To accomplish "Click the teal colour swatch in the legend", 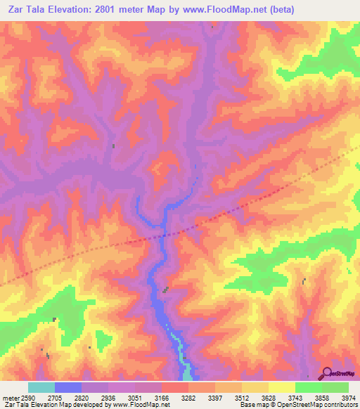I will pos(41,387).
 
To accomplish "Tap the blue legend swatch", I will pos(68,387).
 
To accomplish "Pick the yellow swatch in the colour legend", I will pos(281,387).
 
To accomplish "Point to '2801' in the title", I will pos(112,9).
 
